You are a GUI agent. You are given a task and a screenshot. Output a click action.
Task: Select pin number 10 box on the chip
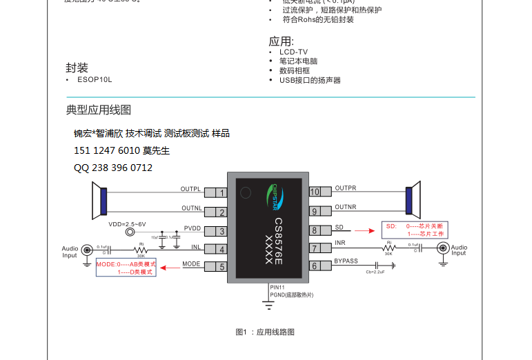[x=315, y=192]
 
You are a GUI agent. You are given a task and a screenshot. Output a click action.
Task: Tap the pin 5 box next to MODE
[x=221, y=267]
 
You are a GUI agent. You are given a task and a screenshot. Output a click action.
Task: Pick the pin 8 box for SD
[x=315, y=230]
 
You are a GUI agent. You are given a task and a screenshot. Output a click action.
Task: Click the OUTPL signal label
[x=190, y=188]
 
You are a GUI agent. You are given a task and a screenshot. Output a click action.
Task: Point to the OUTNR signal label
[x=345, y=207]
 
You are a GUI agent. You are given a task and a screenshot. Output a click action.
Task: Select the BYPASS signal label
[x=346, y=261]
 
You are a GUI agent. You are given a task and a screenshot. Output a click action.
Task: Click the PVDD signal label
[x=193, y=228]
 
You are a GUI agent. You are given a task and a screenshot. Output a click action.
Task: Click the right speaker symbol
[x=413, y=200]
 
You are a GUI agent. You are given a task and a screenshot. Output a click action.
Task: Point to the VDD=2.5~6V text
[x=127, y=225]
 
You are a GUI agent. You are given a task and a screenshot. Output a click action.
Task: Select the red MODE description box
[x=126, y=268]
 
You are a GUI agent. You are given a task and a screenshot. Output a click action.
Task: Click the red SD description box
[x=415, y=230]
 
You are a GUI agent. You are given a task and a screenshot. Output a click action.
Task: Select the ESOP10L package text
[x=94, y=79]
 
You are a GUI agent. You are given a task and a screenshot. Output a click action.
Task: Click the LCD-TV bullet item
[x=293, y=52]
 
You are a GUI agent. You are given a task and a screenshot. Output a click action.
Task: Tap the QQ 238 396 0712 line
[x=113, y=168]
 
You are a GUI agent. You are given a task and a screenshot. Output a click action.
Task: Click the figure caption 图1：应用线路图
[x=265, y=332]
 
